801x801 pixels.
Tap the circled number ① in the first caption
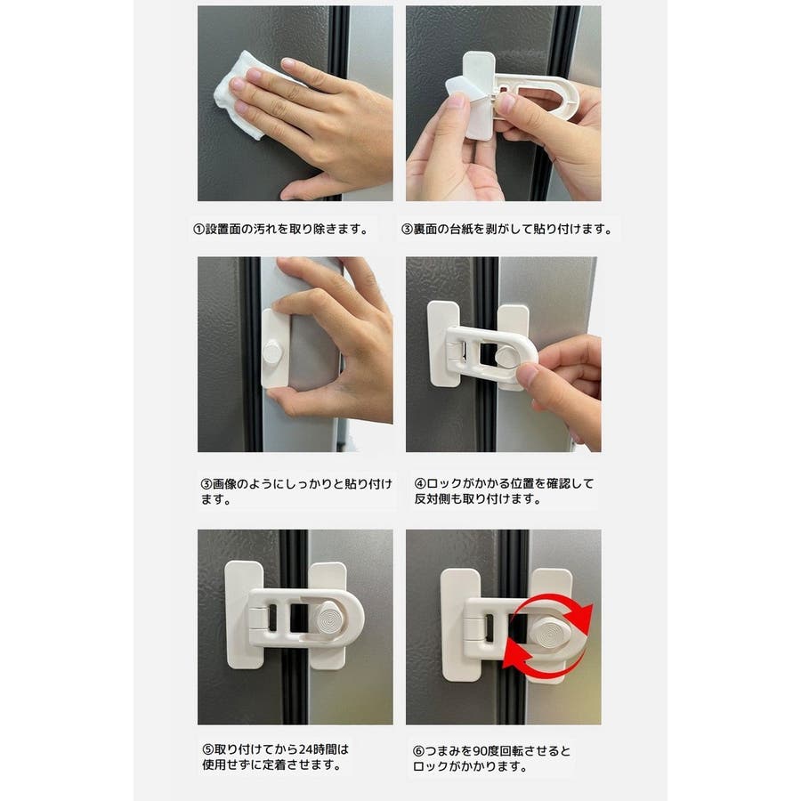pos(198,230)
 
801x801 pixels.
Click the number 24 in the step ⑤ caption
pos(305,749)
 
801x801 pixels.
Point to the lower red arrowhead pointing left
pos(515,655)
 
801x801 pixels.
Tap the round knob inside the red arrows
pos(548,635)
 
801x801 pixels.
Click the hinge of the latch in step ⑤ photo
pos(257,619)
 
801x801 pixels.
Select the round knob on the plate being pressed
pos(272,353)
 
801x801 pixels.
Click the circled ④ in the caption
pos(420,483)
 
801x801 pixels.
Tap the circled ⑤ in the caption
pos(208,749)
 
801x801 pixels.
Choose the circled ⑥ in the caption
pos(418,751)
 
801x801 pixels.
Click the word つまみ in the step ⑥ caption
pos(442,751)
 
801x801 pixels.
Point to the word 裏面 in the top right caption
pos(425,230)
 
